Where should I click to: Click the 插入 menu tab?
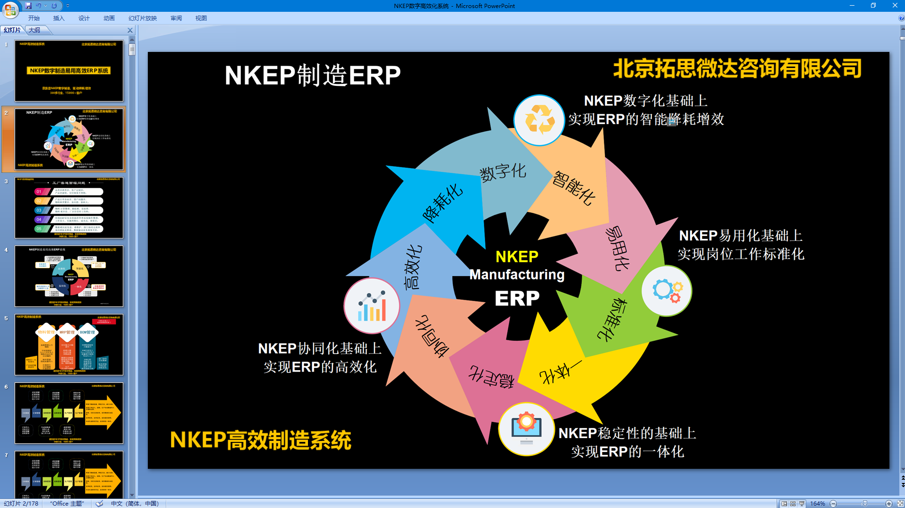[x=59, y=18]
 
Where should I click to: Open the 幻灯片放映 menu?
[x=142, y=18]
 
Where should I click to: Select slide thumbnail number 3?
[x=69, y=208]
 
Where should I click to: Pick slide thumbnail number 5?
[x=69, y=345]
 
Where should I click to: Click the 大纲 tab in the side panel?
[x=34, y=30]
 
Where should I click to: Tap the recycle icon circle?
[x=539, y=120]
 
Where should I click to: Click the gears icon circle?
[x=666, y=290]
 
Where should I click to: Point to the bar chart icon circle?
[x=372, y=306]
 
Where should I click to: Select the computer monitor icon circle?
[x=526, y=429]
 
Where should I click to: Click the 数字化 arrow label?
[x=503, y=172]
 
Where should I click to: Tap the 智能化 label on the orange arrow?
[x=573, y=188]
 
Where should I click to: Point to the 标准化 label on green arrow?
[x=613, y=319]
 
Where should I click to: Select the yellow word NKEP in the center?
[x=517, y=256]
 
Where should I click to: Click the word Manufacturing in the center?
[x=517, y=275]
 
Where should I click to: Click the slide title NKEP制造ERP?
[x=312, y=76]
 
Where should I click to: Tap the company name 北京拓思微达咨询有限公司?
[x=737, y=69]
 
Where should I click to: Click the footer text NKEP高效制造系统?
[x=260, y=440]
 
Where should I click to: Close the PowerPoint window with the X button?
[x=895, y=6]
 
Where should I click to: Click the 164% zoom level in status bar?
[x=817, y=504]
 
